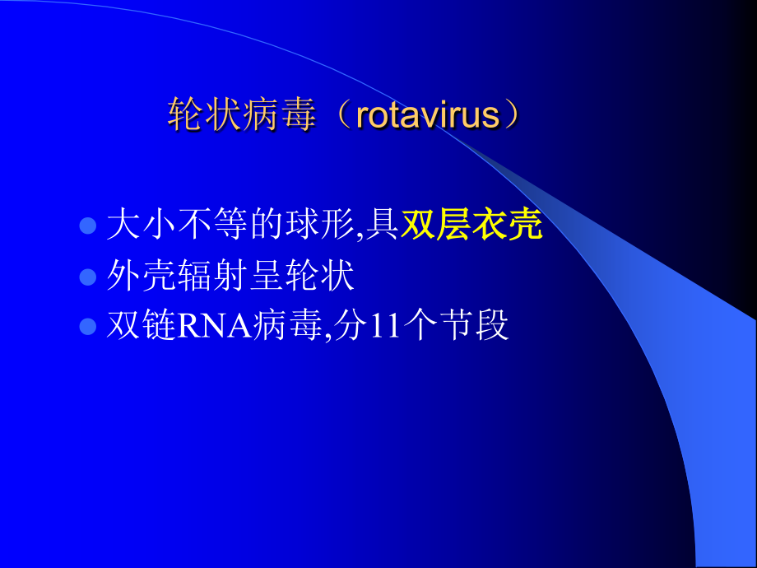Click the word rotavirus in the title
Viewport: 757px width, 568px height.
pyautogui.click(x=428, y=116)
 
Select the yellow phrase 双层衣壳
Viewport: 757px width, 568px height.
pyautogui.click(x=471, y=225)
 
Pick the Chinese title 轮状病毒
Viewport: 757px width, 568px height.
pyautogui.click(x=242, y=116)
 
